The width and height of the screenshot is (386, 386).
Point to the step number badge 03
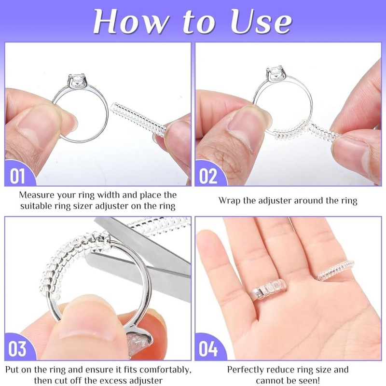[x=18, y=348]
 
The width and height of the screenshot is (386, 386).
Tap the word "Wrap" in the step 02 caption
[x=229, y=200]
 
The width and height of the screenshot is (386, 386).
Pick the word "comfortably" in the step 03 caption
[x=156, y=370]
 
